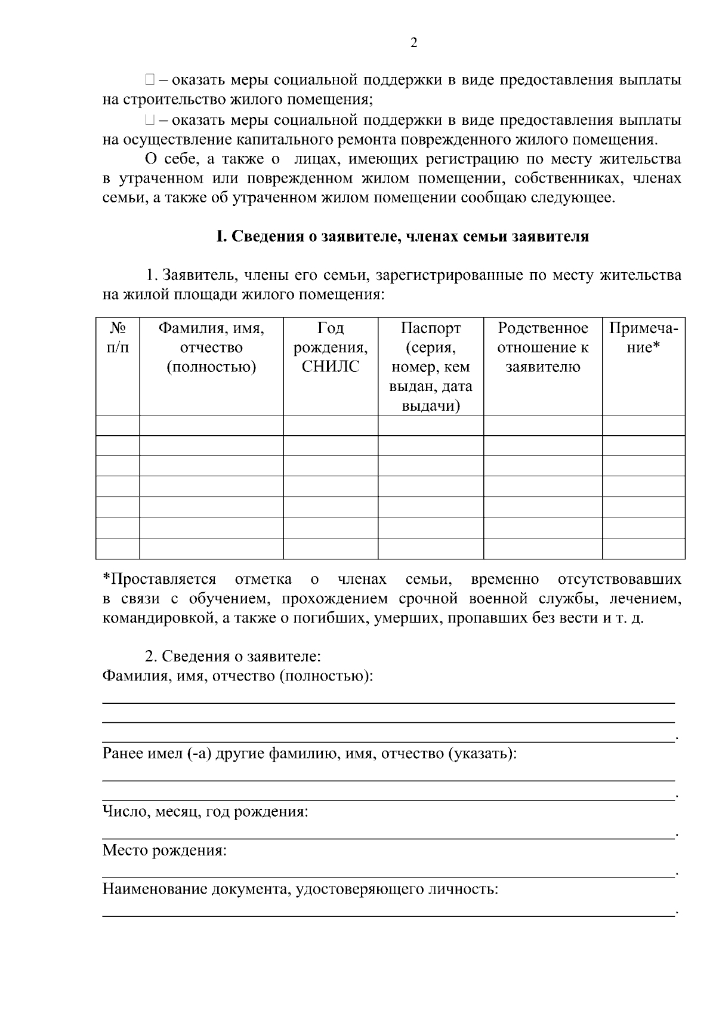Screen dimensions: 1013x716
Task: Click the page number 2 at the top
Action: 414,42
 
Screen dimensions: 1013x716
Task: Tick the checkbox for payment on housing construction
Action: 150,79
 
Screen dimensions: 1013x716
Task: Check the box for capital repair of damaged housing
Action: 150,120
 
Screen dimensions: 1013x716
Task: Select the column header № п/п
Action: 118,338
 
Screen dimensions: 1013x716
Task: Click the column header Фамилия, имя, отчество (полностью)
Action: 211,347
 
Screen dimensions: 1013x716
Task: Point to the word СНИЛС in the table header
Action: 331,367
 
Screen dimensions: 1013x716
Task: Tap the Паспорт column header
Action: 431,328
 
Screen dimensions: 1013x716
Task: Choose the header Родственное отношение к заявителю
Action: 543,347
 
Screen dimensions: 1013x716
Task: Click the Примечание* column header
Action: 643,338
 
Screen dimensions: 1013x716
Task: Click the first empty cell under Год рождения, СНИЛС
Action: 331,425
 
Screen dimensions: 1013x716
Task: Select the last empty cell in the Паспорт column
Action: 431,548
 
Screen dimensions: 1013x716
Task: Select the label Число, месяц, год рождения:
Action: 205,812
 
